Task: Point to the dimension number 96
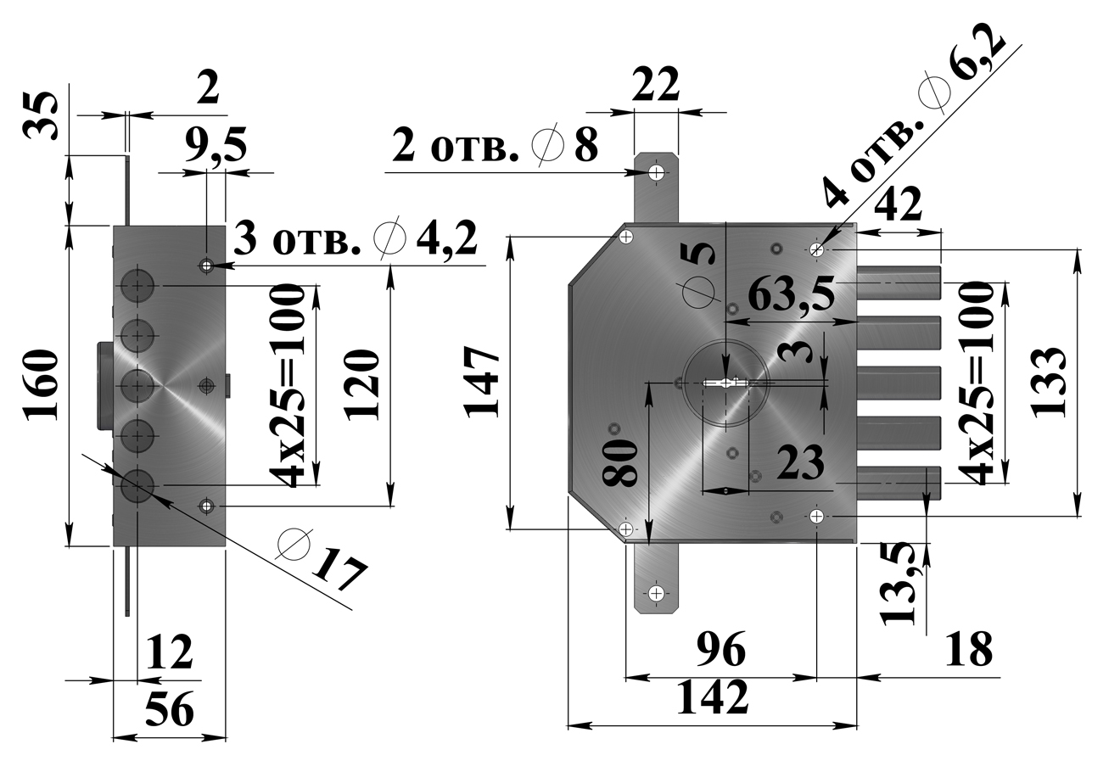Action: pyautogui.click(x=720, y=652)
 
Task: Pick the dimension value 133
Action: pyautogui.click(x=1050, y=381)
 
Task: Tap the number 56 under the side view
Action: pyautogui.click(x=170, y=709)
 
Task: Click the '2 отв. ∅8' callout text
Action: pyautogui.click(x=496, y=147)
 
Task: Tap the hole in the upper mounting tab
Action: pyautogui.click(x=657, y=174)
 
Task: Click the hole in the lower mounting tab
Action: pyautogui.click(x=656, y=593)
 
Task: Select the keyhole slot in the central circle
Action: pyautogui.click(x=727, y=383)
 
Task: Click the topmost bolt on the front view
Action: pyautogui.click(x=899, y=283)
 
